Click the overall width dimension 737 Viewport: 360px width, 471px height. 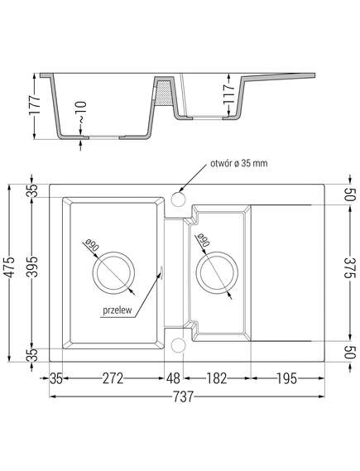coord(183,397)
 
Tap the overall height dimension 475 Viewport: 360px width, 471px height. coord(10,267)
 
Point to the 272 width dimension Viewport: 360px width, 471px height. coord(113,378)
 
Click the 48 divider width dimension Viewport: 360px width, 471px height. coord(174,378)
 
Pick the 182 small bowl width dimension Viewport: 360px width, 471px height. coord(217,378)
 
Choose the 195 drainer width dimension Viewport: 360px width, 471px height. coord(286,378)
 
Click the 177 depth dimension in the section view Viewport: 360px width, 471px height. coord(34,105)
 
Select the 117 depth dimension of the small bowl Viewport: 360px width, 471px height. coord(228,94)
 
